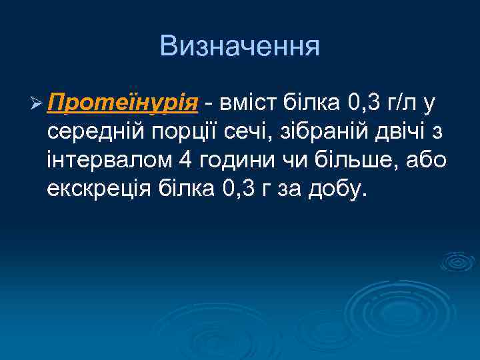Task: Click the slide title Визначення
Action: tap(240, 46)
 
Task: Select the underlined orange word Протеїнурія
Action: tap(123, 105)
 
